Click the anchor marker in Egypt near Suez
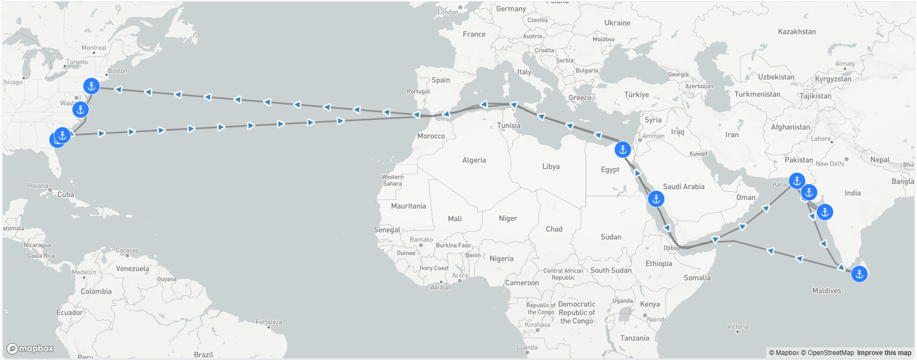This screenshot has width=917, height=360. click(623, 149)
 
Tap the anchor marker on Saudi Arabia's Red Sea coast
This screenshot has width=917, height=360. click(656, 199)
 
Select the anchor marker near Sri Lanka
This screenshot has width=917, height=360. click(859, 274)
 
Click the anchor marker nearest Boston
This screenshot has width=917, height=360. click(91, 86)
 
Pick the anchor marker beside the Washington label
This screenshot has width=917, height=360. click(81, 110)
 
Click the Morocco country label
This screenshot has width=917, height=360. click(431, 136)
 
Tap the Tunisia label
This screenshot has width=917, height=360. click(509, 125)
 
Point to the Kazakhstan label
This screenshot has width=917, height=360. click(796, 32)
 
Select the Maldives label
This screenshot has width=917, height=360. click(827, 291)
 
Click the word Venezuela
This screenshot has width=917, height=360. click(133, 268)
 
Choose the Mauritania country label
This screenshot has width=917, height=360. click(408, 206)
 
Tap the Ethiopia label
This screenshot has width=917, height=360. click(658, 264)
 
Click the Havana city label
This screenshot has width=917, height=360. click(38, 186)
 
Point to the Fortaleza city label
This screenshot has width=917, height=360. click(269, 322)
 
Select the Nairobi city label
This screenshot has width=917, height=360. click(657, 319)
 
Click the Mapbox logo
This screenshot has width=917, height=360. click(30, 348)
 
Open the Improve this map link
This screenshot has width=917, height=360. click(884, 353)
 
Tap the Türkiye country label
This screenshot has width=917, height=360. click(637, 95)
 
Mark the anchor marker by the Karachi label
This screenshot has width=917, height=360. click(797, 181)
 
